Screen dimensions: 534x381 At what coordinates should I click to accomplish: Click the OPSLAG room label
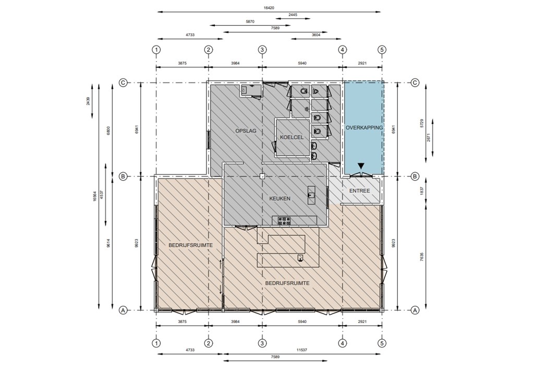pos(246,131)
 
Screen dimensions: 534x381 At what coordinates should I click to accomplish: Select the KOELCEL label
pos(292,137)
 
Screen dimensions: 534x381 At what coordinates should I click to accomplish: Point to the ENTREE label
pos(359,191)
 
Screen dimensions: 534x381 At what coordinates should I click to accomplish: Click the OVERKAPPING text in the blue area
pos(364,128)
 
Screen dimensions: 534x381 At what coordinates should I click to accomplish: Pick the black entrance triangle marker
pos(361,166)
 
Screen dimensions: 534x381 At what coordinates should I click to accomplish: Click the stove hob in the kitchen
pos(284,221)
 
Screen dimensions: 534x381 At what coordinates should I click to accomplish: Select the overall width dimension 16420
pos(269,8)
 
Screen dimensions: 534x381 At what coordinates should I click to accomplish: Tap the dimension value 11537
pos(302,350)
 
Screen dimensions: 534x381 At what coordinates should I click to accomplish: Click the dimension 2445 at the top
pos(293,15)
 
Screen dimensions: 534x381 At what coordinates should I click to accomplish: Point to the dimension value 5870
pos(250,21)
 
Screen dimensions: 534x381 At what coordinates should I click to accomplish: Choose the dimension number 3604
pos(316,35)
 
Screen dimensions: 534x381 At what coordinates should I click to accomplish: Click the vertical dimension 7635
pos(422,256)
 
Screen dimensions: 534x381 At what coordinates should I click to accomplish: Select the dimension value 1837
pos(422,191)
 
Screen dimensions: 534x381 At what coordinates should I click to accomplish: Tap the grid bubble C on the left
pos(123,82)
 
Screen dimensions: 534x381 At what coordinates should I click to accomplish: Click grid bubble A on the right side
pos(415,310)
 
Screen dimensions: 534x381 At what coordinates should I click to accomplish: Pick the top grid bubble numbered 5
pos(382,50)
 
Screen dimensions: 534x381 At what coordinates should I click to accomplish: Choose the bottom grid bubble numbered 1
pos(156,343)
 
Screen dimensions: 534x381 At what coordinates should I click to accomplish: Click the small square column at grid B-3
pos(262,176)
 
